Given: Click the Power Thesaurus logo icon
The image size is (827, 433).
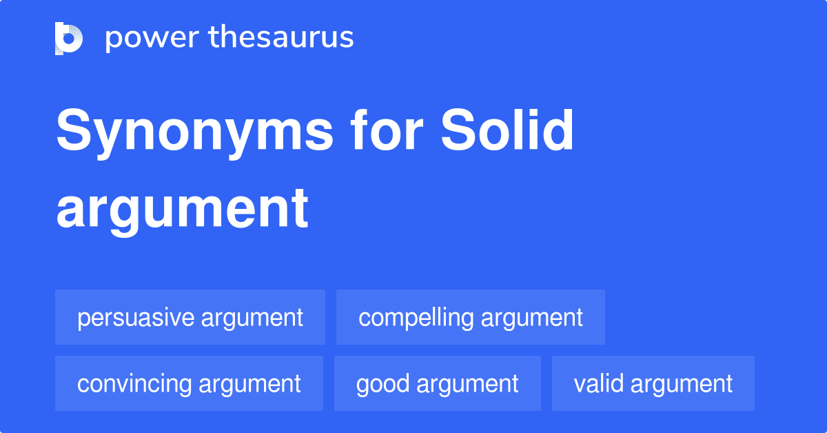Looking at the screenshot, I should pyautogui.click(x=69, y=38).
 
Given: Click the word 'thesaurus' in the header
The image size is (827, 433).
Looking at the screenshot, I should pyautogui.click(x=282, y=38).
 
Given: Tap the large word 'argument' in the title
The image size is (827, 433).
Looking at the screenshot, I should pyautogui.click(x=183, y=208).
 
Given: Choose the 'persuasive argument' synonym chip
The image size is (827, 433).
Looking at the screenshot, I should pyautogui.click(x=190, y=317).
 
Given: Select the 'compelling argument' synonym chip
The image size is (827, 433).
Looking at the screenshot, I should pyautogui.click(x=471, y=317).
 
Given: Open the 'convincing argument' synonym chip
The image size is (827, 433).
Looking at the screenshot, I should pyautogui.click(x=189, y=383).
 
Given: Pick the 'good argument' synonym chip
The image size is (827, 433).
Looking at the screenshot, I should pyautogui.click(x=438, y=383).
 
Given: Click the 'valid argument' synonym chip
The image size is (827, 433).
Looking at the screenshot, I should pyautogui.click(x=653, y=383).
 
